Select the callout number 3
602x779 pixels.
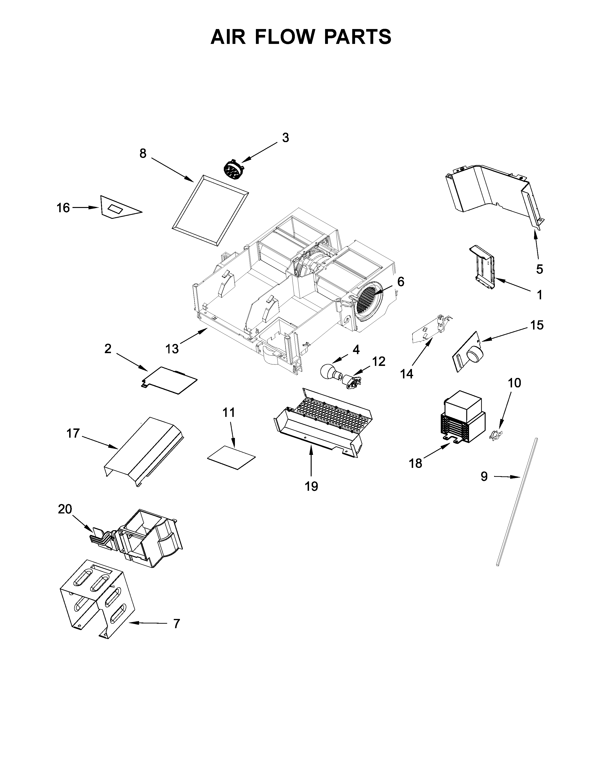pos(285,138)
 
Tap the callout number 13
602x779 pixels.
pos(172,348)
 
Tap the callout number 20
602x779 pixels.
pos(65,509)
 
